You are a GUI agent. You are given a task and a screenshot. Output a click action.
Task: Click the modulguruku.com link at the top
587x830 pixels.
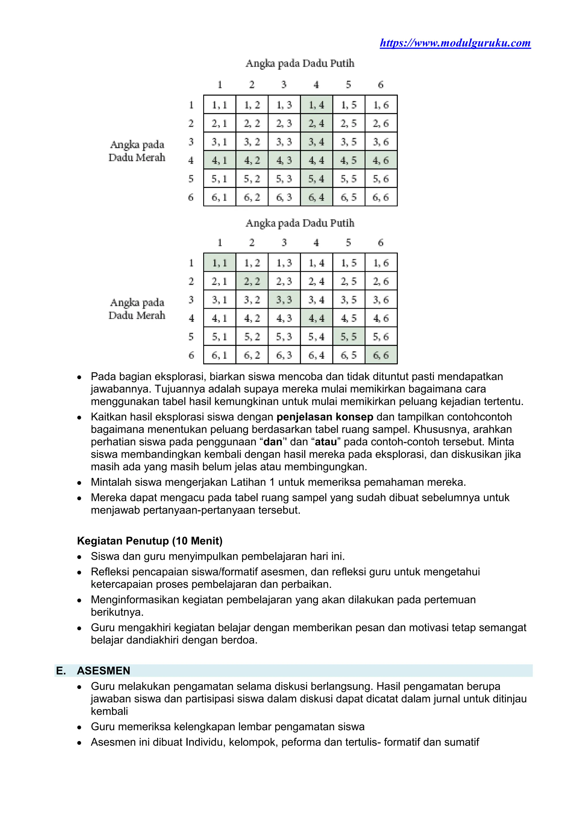pyautogui.click(x=455, y=43)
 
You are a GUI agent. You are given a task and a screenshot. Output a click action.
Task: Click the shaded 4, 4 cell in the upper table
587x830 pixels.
pyautogui.click(x=316, y=160)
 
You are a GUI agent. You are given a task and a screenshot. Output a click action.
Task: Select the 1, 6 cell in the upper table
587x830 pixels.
pyautogui.click(x=381, y=105)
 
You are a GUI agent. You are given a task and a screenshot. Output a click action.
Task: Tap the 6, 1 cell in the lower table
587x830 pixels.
pyautogui.click(x=219, y=355)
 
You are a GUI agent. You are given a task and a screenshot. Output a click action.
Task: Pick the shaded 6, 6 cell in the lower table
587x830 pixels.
pyautogui.click(x=381, y=355)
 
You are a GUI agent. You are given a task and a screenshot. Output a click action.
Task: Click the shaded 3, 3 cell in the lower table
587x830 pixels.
pyautogui.click(x=284, y=300)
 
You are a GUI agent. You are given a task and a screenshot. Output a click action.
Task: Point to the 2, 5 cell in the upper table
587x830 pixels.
pyautogui.click(x=349, y=123)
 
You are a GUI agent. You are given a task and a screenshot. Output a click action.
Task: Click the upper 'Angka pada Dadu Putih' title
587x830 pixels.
pyautogui.click(x=300, y=64)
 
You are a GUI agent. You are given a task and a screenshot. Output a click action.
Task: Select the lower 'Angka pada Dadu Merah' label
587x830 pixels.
pyautogui.click(x=137, y=309)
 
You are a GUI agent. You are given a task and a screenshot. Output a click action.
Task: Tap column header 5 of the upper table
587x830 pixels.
pyautogui.click(x=349, y=85)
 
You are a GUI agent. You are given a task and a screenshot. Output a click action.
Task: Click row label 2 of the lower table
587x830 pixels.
pyautogui.click(x=191, y=281)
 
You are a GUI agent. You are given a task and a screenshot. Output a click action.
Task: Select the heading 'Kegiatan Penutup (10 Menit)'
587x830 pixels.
pyautogui.click(x=150, y=541)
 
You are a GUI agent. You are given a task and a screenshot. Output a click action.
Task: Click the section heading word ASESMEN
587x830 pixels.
pyautogui.click(x=103, y=671)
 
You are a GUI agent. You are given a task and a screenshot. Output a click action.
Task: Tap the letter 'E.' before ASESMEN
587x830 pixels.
pyautogui.click(x=61, y=671)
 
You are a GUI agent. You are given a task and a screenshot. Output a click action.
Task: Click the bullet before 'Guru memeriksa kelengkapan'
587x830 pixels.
pyautogui.click(x=79, y=727)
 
